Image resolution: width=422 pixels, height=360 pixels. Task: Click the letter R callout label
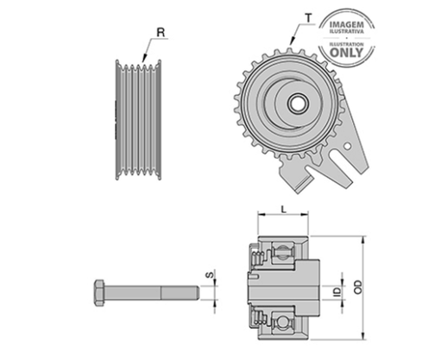tap(161, 32)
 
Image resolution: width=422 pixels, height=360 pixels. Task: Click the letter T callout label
tap(309, 18)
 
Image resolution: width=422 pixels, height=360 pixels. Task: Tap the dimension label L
tap(284, 209)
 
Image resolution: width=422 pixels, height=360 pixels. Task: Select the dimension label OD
tap(358, 287)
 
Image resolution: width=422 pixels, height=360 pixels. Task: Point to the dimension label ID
tap(337, 292)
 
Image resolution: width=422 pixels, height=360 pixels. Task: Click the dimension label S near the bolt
tap(211, 275)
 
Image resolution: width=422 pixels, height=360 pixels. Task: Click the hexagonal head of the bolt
tap(99, 293)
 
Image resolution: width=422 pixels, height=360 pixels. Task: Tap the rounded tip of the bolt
tap(197, 293)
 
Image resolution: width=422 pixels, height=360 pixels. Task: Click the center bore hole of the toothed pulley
tap(298, 104)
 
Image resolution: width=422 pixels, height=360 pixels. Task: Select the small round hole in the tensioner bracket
tap(348, 147)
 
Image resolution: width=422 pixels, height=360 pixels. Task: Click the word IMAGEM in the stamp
tap(347, 24)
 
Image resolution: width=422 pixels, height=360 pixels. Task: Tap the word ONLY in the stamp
tap(346, 53)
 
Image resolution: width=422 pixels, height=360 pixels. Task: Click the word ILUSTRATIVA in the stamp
tap(347, 31)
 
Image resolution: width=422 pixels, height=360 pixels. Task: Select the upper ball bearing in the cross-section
tap(283, 252)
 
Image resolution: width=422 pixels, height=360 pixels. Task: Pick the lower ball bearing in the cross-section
tap(283, 323)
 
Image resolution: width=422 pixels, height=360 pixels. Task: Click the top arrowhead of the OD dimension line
tap(364, 240)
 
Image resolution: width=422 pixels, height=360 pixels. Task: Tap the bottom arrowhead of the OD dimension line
tap(364, 336)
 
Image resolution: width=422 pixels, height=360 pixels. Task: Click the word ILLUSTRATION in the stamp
tap(347, 44)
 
